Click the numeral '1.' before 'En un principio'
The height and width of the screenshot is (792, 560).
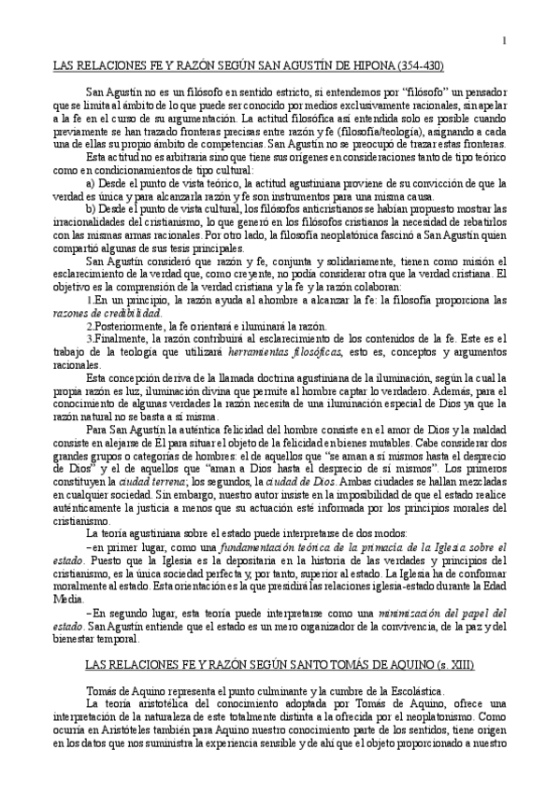click(x=89, y=301)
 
